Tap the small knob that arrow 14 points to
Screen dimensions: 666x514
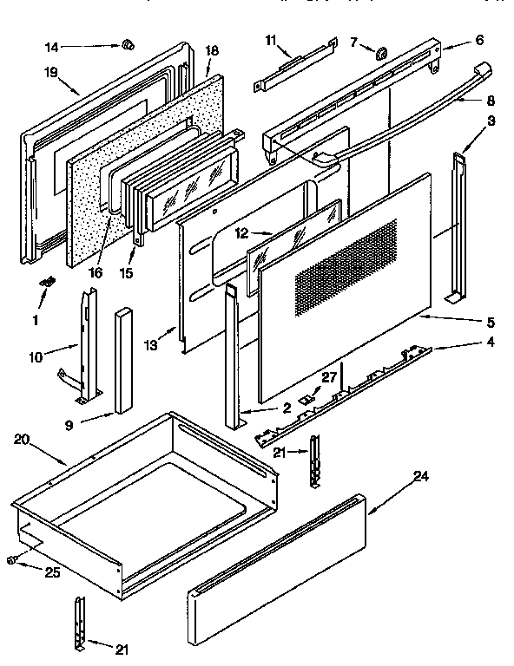[127, 43]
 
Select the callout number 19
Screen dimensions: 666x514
[51, 74]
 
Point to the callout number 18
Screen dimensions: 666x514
[211, 51]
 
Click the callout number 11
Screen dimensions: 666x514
[270, 41]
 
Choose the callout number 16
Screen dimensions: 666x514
[96, 271]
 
